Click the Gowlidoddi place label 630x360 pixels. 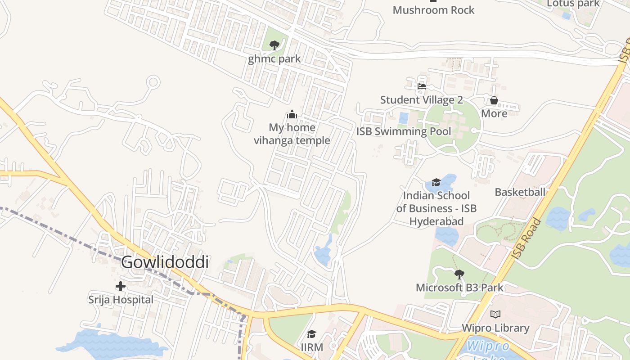[x=165, y=262]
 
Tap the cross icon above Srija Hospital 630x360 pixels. [x=121, y=286]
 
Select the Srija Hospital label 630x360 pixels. [x=121, y=299]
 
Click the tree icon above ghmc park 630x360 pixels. [x=274, y=45]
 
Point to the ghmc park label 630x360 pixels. [x=274, y=58]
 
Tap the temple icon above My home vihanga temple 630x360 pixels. [x=292, y=114]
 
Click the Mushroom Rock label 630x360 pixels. [x=433, y=10]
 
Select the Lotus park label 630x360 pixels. [x=573, y=4]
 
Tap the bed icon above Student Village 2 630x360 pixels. [x=422, y=86]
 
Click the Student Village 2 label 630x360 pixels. [x=422, y=99]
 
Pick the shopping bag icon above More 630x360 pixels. [x=494, y=100]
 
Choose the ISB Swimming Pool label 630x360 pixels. [x=404, y=131]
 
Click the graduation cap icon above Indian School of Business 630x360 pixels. [x=436, y=182]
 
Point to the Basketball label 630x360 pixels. [x=520, y=192]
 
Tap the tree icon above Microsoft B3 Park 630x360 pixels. [x=459, y=274]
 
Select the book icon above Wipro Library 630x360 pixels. [x=495, y=314]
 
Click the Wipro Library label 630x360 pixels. [x=495, y=328]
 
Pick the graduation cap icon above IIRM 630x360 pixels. [x=311, y=334]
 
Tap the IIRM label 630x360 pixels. [x=312, y=347]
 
